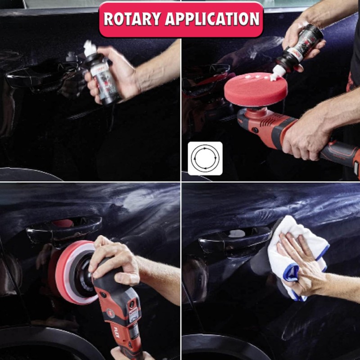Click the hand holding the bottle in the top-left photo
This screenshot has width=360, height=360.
[x=115, y=74]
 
